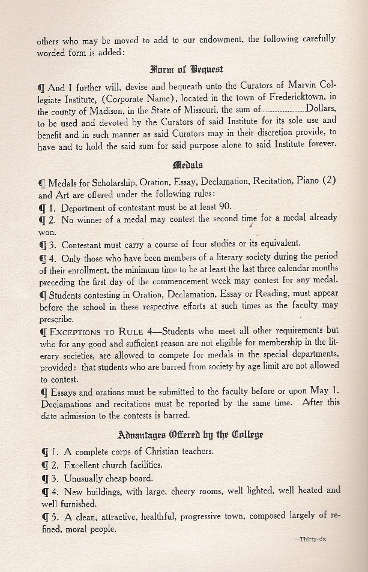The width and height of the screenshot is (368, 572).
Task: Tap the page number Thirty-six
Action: [310, 540]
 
